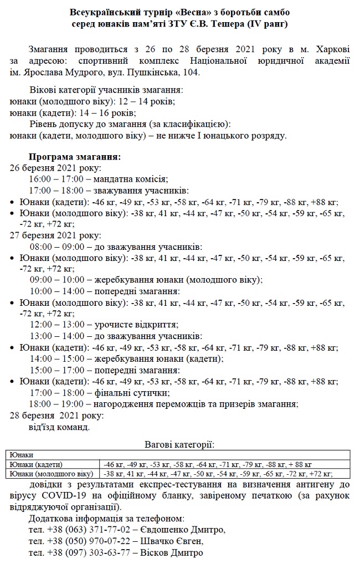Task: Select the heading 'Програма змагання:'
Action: [x=74, y=157]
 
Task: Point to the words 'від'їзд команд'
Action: [x=58, y=427]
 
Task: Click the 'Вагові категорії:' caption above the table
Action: [x=179, y=444]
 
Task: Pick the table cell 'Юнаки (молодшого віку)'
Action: [x=49, y=474]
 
